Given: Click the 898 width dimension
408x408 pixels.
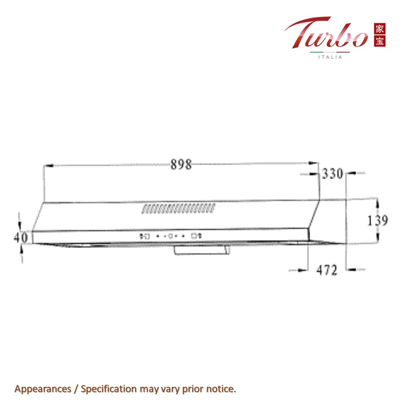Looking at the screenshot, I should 181,165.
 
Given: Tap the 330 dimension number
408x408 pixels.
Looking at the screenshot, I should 333,174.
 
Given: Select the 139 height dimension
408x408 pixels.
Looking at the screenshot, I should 377,221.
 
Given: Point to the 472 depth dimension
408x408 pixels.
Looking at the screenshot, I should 327,270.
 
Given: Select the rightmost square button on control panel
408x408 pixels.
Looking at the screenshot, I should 194,235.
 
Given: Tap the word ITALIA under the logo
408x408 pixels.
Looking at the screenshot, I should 330,57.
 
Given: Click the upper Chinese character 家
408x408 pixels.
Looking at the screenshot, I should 379,29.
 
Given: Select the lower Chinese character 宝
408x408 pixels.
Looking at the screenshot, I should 379,41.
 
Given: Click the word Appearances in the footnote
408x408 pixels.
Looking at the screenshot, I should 37,389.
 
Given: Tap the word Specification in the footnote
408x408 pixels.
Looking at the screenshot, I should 109,389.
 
